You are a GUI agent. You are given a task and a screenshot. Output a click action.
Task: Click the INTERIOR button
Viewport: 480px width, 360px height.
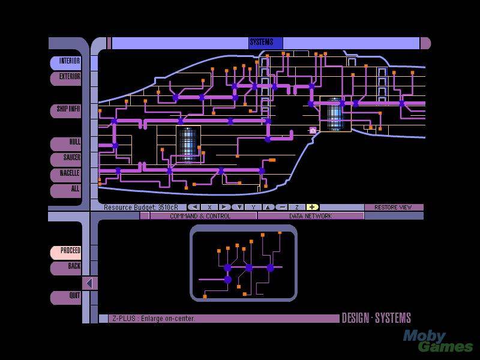(65, 62)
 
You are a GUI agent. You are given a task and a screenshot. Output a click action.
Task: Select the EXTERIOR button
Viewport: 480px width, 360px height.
(65, 78)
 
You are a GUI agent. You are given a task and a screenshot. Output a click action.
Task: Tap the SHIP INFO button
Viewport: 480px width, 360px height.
(65, 110)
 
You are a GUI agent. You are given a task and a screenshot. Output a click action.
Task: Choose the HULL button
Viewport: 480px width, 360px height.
(65, 143)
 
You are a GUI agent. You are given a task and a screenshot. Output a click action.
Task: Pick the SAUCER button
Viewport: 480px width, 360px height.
(65, 159)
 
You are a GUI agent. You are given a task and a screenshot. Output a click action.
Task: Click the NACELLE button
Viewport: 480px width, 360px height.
(65, 175)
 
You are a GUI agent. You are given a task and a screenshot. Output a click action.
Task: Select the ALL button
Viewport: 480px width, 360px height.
(65, 190)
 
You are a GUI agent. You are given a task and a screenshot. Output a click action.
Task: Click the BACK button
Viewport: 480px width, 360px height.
(65, 268)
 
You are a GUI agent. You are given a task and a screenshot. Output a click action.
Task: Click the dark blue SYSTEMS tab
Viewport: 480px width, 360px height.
(265, 43)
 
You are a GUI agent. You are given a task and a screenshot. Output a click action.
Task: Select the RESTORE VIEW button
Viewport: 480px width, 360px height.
(394, 208)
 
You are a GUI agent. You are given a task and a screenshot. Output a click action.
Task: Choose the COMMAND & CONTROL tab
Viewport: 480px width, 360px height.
(200, 216)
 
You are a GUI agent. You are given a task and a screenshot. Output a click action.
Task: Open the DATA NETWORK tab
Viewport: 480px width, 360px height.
(311, 216)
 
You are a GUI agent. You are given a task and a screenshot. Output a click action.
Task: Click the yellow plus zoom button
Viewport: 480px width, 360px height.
(312, 208)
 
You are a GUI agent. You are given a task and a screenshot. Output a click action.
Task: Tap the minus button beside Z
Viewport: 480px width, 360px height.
(282, 208)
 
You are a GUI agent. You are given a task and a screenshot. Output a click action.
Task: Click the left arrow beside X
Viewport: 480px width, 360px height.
(194, 208)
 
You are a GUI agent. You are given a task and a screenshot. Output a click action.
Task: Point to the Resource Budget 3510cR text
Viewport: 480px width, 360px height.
(141, 208)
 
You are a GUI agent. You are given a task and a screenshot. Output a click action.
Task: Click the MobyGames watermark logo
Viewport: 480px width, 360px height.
(438, 341)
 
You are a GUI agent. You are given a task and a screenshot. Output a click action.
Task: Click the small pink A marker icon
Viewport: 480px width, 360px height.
(313, 130)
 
